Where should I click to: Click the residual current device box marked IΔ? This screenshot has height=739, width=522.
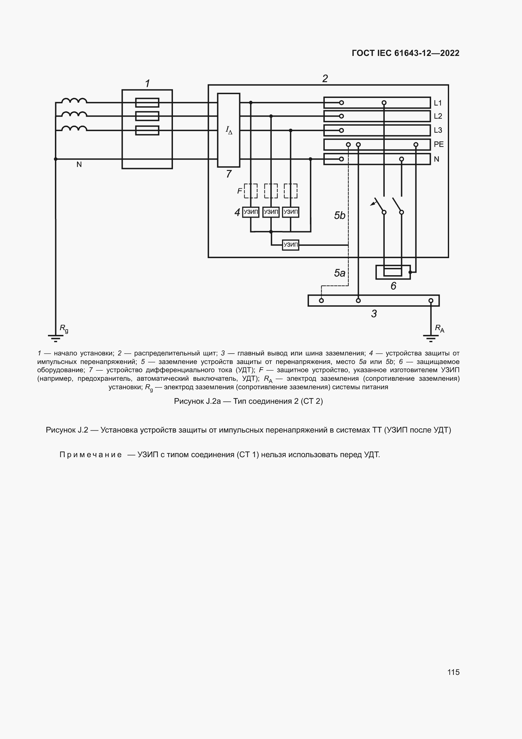tap(228, 130)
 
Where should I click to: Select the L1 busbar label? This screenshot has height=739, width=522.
tap(437, 103)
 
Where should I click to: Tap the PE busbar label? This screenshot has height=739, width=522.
tap(438, 144)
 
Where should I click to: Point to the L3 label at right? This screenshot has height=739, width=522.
tap(438, 130)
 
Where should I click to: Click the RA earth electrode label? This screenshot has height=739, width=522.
tap(439, 329)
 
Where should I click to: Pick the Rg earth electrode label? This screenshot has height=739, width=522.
tap(64, 329)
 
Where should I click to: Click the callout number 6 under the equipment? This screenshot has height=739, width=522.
tap(393, 286)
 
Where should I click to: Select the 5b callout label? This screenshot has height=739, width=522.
tap(340, 215)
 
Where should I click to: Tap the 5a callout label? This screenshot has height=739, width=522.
tap(340, 273)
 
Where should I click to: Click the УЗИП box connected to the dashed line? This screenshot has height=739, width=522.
tap(290, 245)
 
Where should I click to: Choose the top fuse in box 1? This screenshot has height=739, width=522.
tap(147, 103)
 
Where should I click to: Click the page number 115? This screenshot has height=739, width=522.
tap(453, 672)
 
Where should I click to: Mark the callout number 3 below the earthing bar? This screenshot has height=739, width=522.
tap(374, 313)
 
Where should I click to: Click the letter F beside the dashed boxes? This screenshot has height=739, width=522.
tap(240, 191)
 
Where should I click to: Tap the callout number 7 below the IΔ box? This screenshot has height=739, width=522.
tap(228, 174)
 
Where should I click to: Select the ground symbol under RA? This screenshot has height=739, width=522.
tap(431, 338)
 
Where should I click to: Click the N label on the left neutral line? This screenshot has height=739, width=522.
tap(79, 165)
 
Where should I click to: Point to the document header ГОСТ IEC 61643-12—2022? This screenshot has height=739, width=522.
tap(405, 53)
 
